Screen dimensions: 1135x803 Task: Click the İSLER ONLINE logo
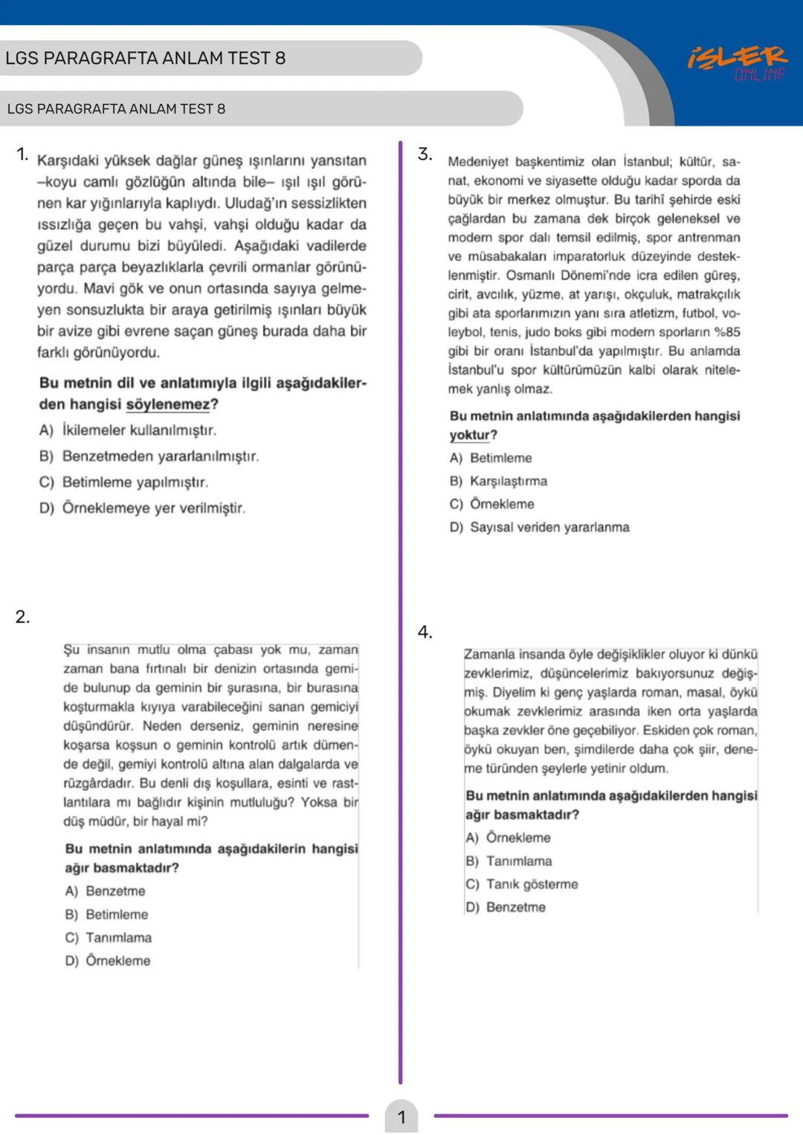click(x=737, y=63)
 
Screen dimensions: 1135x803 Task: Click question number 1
click(x=22, y=155)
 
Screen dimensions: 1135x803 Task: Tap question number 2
click(x=22, y=617)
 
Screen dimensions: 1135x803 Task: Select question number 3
click(x=424, y=155)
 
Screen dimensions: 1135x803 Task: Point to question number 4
click(x=424, y=633)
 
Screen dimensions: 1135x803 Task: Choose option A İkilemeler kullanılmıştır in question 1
click(x=128, y=430)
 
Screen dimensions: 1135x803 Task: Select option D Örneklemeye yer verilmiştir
click(x=142, y=508)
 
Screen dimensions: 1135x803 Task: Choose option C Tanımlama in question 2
click(x=108, y=937)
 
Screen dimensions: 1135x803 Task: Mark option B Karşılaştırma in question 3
click(x=498, y=481)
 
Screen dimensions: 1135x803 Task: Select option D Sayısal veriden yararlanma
click(x=539, y=527)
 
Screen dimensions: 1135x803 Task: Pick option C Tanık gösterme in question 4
click(x=521, y=884)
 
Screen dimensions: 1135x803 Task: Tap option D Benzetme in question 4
click(x=506, y=907)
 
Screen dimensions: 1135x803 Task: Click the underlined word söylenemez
click(x=168, y=405)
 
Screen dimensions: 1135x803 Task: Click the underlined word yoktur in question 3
click(x=470, y=436)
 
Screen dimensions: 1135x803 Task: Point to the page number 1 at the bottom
click(x=401, y=1116)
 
